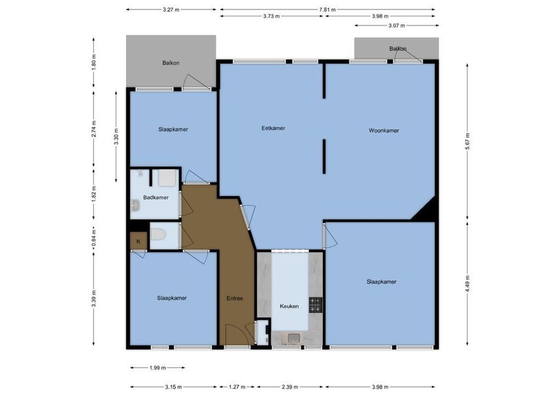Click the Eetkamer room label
273,128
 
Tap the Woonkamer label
384,131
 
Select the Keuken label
289,306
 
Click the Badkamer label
155,198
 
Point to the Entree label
235,298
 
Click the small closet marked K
139,241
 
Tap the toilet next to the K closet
158,237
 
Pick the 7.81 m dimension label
327,9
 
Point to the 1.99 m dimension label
157,368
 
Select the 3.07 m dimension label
396,25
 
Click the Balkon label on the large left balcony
171,63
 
